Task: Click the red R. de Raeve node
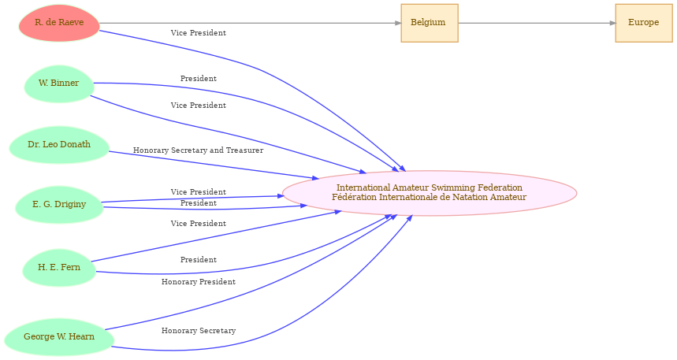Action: [59, 23]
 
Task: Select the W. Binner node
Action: [59, 84]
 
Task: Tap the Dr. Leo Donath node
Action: [59, 145]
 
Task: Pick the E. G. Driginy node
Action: [59, 205]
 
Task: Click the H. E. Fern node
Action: [59, 268]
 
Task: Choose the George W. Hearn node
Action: [59, 337]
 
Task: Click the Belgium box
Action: [430, 23]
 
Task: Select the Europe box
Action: [644, 23]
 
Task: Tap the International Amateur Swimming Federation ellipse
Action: [430, 193]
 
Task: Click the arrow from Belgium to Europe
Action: [537, 23]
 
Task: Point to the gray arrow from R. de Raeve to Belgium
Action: [251, 23]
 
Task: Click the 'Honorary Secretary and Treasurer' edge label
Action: [198, 150]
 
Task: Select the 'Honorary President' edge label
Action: [199, 282]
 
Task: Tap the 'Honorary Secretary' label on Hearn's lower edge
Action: [199, 331]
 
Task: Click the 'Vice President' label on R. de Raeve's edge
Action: [198, 33]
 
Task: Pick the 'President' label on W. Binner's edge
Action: [198, 79]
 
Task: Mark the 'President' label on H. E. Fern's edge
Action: [198, 259]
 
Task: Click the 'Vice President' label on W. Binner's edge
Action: [198, 106]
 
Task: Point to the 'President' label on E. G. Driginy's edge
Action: [198, 203]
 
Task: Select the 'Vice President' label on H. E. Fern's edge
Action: [198, 223]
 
